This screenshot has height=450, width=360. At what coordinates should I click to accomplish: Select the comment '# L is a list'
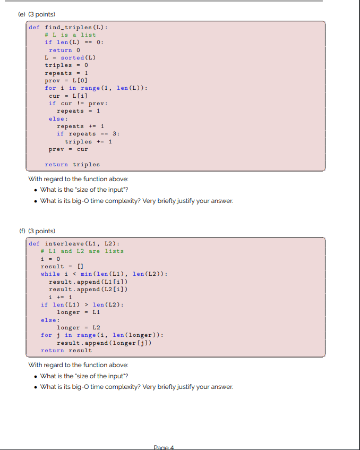click(x=70, y=35)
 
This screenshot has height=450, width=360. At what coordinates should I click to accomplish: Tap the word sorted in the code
click(x=72, y=57)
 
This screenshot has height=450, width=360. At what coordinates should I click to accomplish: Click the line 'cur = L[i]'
click(x=68, y=96)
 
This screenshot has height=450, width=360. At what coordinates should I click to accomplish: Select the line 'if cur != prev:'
click(x=78, y=103)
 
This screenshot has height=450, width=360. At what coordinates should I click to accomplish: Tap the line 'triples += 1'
click(x=88, y=141)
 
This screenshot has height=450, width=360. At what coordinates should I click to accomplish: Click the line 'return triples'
click(x=72, y=165)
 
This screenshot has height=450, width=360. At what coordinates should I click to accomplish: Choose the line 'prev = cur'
click(x=68, y=149)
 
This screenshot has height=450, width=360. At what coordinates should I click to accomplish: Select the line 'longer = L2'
click(x=78, y=327)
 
